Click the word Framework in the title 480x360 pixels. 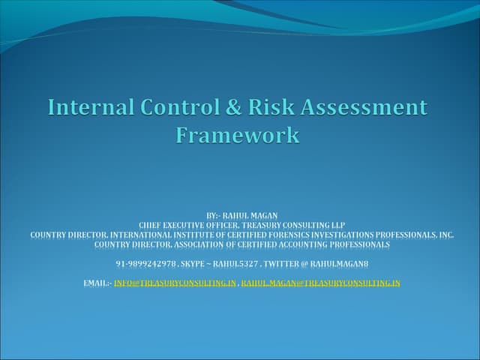click(x=238, y=136)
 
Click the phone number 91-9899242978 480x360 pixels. click(x=146, y=264)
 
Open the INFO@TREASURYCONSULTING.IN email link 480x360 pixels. click(x=175, y=283)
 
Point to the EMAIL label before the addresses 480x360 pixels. click(x=97, y=283)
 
